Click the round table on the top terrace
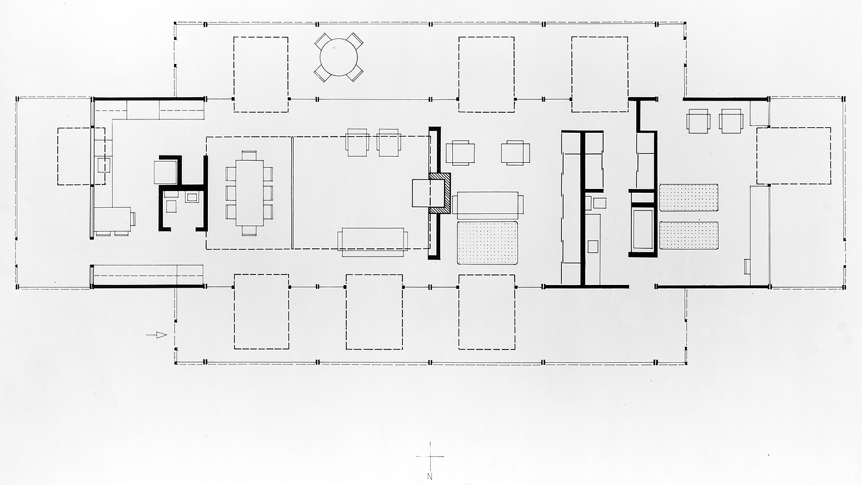point(338,57)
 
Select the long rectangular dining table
point(250,193)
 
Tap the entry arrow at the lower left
point(157,335)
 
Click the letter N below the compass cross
point(430,477)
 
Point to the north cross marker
point(430,457)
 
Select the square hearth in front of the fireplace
point(427,193)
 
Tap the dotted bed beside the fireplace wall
point(487,243)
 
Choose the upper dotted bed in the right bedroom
point(689,198)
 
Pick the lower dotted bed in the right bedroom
point(689,236)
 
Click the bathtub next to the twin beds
point(642,229)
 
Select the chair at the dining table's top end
point(250,155)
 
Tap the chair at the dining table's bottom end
point(250,231)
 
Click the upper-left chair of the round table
point(322,41)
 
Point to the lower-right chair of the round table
point(355,73)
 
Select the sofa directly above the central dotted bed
point(487,205)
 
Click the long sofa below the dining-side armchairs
point(372,242)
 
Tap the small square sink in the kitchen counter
point(104,166)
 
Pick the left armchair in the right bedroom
point(699,121)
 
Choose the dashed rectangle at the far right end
point(794,156)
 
